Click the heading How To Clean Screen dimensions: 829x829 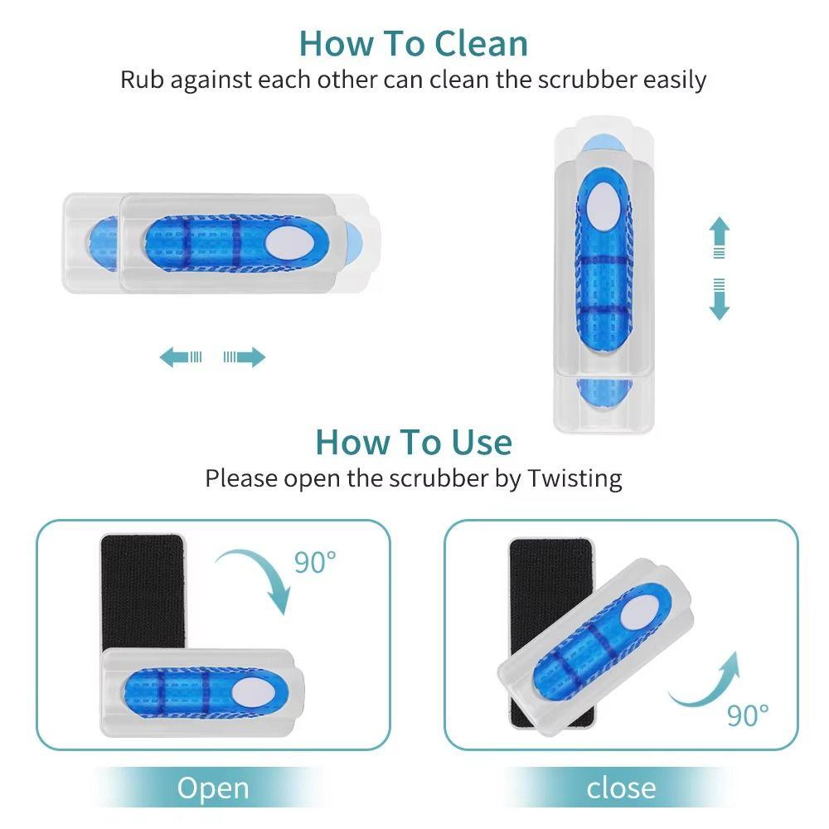pos(413,42)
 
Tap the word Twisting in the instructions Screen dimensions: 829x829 pos(574,478)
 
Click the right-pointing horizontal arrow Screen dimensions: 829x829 pos(245,357)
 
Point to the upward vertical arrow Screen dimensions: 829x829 pos(719,237)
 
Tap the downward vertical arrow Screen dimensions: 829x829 pos(719,300)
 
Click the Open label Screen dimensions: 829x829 pos(213,788)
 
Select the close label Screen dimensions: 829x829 pos(621,788)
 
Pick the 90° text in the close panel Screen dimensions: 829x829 pos(748,714)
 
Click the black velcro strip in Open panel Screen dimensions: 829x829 pos(141,589)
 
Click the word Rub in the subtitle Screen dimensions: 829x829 pos(141,80)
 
